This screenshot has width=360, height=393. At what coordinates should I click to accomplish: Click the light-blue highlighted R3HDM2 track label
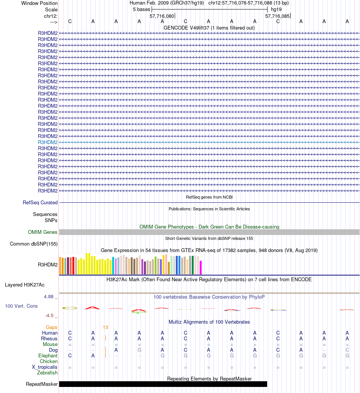click(48, 142)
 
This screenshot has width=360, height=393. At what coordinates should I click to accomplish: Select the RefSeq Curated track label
click(40, 203)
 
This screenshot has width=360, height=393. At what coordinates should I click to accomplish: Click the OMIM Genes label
click(43, 232)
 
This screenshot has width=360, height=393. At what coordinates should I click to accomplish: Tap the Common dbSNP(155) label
click(34, 244)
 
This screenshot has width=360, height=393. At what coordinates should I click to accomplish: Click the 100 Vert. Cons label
click(21, 306)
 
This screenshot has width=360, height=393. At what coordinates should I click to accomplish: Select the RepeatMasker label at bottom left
click(42, 384)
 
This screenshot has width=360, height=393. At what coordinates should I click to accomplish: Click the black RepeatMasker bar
click(163, 384)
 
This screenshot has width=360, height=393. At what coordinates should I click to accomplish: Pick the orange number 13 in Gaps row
click(105, 327)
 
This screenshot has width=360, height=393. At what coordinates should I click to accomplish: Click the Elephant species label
click(48, 356)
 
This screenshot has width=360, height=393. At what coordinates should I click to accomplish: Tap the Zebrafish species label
click(47, 373)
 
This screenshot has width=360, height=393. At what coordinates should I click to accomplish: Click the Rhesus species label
click(49, 338)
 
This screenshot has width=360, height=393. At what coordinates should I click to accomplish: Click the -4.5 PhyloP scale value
click(52, 315)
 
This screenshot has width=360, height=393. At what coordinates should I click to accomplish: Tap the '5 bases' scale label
click(141, 9)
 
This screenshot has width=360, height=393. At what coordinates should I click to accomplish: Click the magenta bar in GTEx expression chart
click(201, 268)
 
